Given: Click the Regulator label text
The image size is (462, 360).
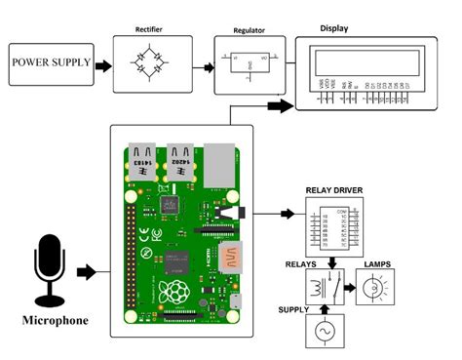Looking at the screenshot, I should [x=249, y=30].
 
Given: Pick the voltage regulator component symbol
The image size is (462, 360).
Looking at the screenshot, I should [x=249, y=65].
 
